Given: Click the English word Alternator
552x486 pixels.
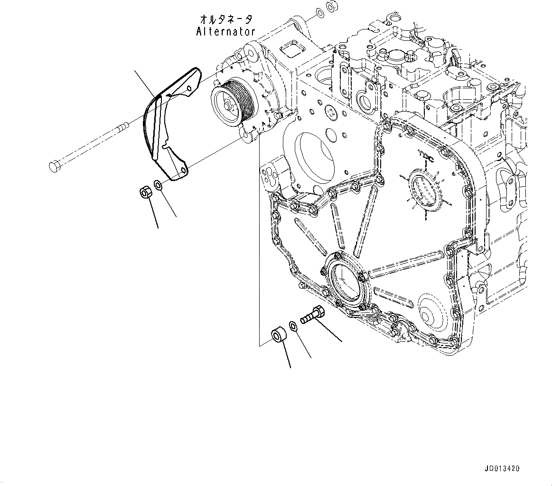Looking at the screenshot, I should [225, 32].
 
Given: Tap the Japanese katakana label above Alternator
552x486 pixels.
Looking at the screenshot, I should [226, 19].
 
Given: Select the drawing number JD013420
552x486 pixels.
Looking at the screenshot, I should [502, 468].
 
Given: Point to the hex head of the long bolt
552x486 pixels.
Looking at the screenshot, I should [54, 166].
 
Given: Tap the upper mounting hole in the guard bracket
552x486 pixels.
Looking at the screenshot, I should [189, 89].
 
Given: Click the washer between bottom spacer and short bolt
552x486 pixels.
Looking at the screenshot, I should [293, 325].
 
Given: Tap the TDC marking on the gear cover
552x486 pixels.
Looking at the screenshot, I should [424, 154].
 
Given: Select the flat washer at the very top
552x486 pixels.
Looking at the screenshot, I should [320, 11].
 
